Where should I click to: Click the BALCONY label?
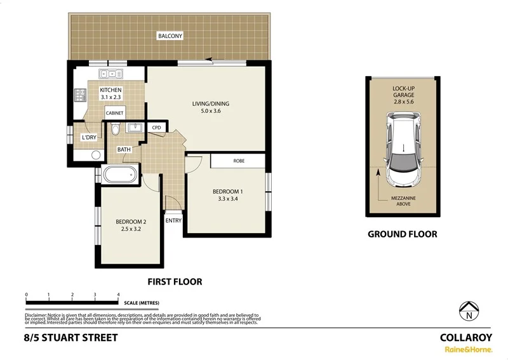tap(170, 36)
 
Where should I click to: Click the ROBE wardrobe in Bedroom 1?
tap(239, 161)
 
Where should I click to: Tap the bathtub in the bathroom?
tap(119, 173)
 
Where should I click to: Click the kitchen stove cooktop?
tap(81, 96)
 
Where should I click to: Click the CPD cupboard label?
tap(156, 128)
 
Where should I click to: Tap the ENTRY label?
tap(173, 221)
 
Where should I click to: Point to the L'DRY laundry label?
tap(88, 138)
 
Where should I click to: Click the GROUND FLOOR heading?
tap(403, 234)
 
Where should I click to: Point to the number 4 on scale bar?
tap(119, 295)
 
